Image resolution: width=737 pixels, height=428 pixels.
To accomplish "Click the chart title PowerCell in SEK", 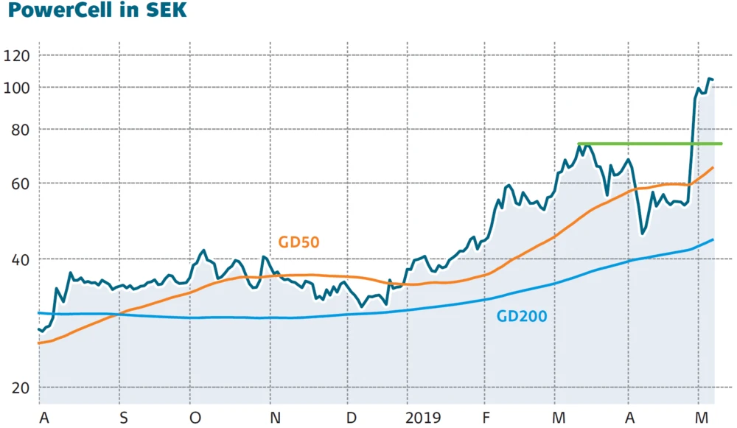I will pos(97,11).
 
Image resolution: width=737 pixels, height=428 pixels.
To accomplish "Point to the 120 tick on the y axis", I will pos(16,56).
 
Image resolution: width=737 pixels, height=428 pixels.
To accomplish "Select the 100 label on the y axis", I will pos(16,88).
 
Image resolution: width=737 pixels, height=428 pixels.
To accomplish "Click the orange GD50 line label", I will pos(298,242).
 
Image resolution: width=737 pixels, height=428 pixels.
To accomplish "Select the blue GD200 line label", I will pos(522,318).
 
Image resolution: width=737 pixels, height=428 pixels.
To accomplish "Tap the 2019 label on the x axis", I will pos(423,418).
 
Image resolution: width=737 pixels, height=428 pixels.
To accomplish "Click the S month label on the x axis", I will pos(124,418).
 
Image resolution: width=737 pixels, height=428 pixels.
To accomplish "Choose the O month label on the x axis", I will pos(195,418).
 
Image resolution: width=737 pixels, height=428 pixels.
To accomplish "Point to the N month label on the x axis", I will pos(275,418).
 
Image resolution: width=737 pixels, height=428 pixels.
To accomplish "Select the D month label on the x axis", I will pos(352,418).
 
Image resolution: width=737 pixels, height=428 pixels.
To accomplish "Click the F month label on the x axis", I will pos(486,418).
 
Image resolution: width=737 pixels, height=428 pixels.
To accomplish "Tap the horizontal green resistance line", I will pos(649,144).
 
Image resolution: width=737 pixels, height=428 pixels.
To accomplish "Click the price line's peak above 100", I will pos(709,78).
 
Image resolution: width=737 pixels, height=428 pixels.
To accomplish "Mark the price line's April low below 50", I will pos(643,234).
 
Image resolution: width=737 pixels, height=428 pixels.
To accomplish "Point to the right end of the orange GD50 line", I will pos(713,168).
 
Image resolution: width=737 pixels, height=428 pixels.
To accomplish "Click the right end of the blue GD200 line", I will pos(713,239).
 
